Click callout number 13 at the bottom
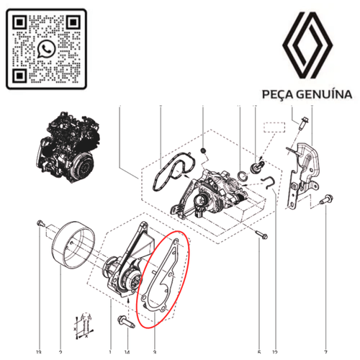pos(39,352)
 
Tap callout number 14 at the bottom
pos(127,352)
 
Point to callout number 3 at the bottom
pos(154,352)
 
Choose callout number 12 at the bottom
pos(276,352)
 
